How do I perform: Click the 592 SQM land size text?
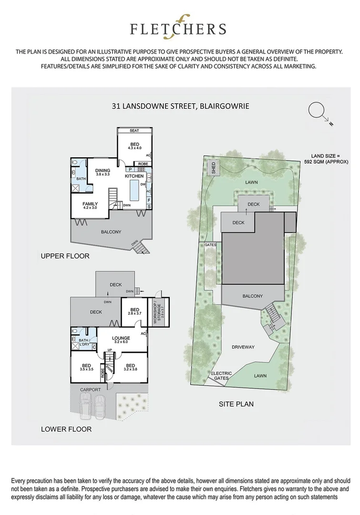(326, 159)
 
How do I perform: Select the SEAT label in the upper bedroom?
(134, 131)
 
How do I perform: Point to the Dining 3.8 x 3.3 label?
(103, 173)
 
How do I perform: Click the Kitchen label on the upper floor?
(134, 176)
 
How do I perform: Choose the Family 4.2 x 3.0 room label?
(90, 206)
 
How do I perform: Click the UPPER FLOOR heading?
(65, 256)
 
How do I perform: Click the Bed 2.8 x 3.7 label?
(134, 311)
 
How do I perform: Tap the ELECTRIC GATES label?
(221, 376)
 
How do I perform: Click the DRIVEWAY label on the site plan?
(244, 347)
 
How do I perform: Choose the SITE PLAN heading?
(236, 404)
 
